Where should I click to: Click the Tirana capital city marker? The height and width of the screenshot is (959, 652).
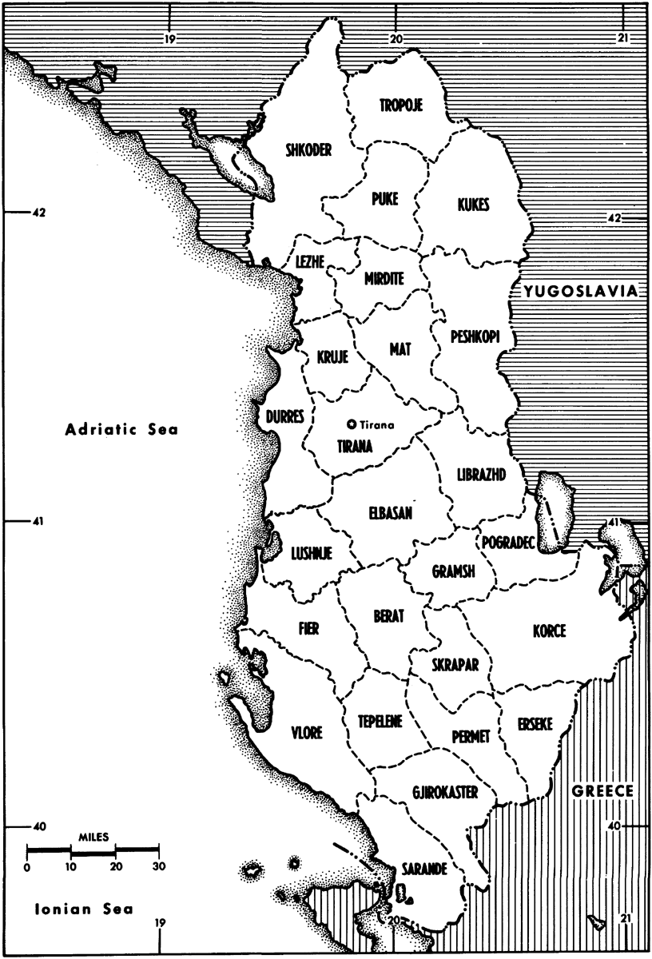click(x=352, y=424)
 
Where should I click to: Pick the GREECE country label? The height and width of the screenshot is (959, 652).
click(x=603, y=791)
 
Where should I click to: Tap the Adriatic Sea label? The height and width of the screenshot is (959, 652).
click(x=122, y=430)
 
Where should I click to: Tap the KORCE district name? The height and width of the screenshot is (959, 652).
click(x=549, y=631)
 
